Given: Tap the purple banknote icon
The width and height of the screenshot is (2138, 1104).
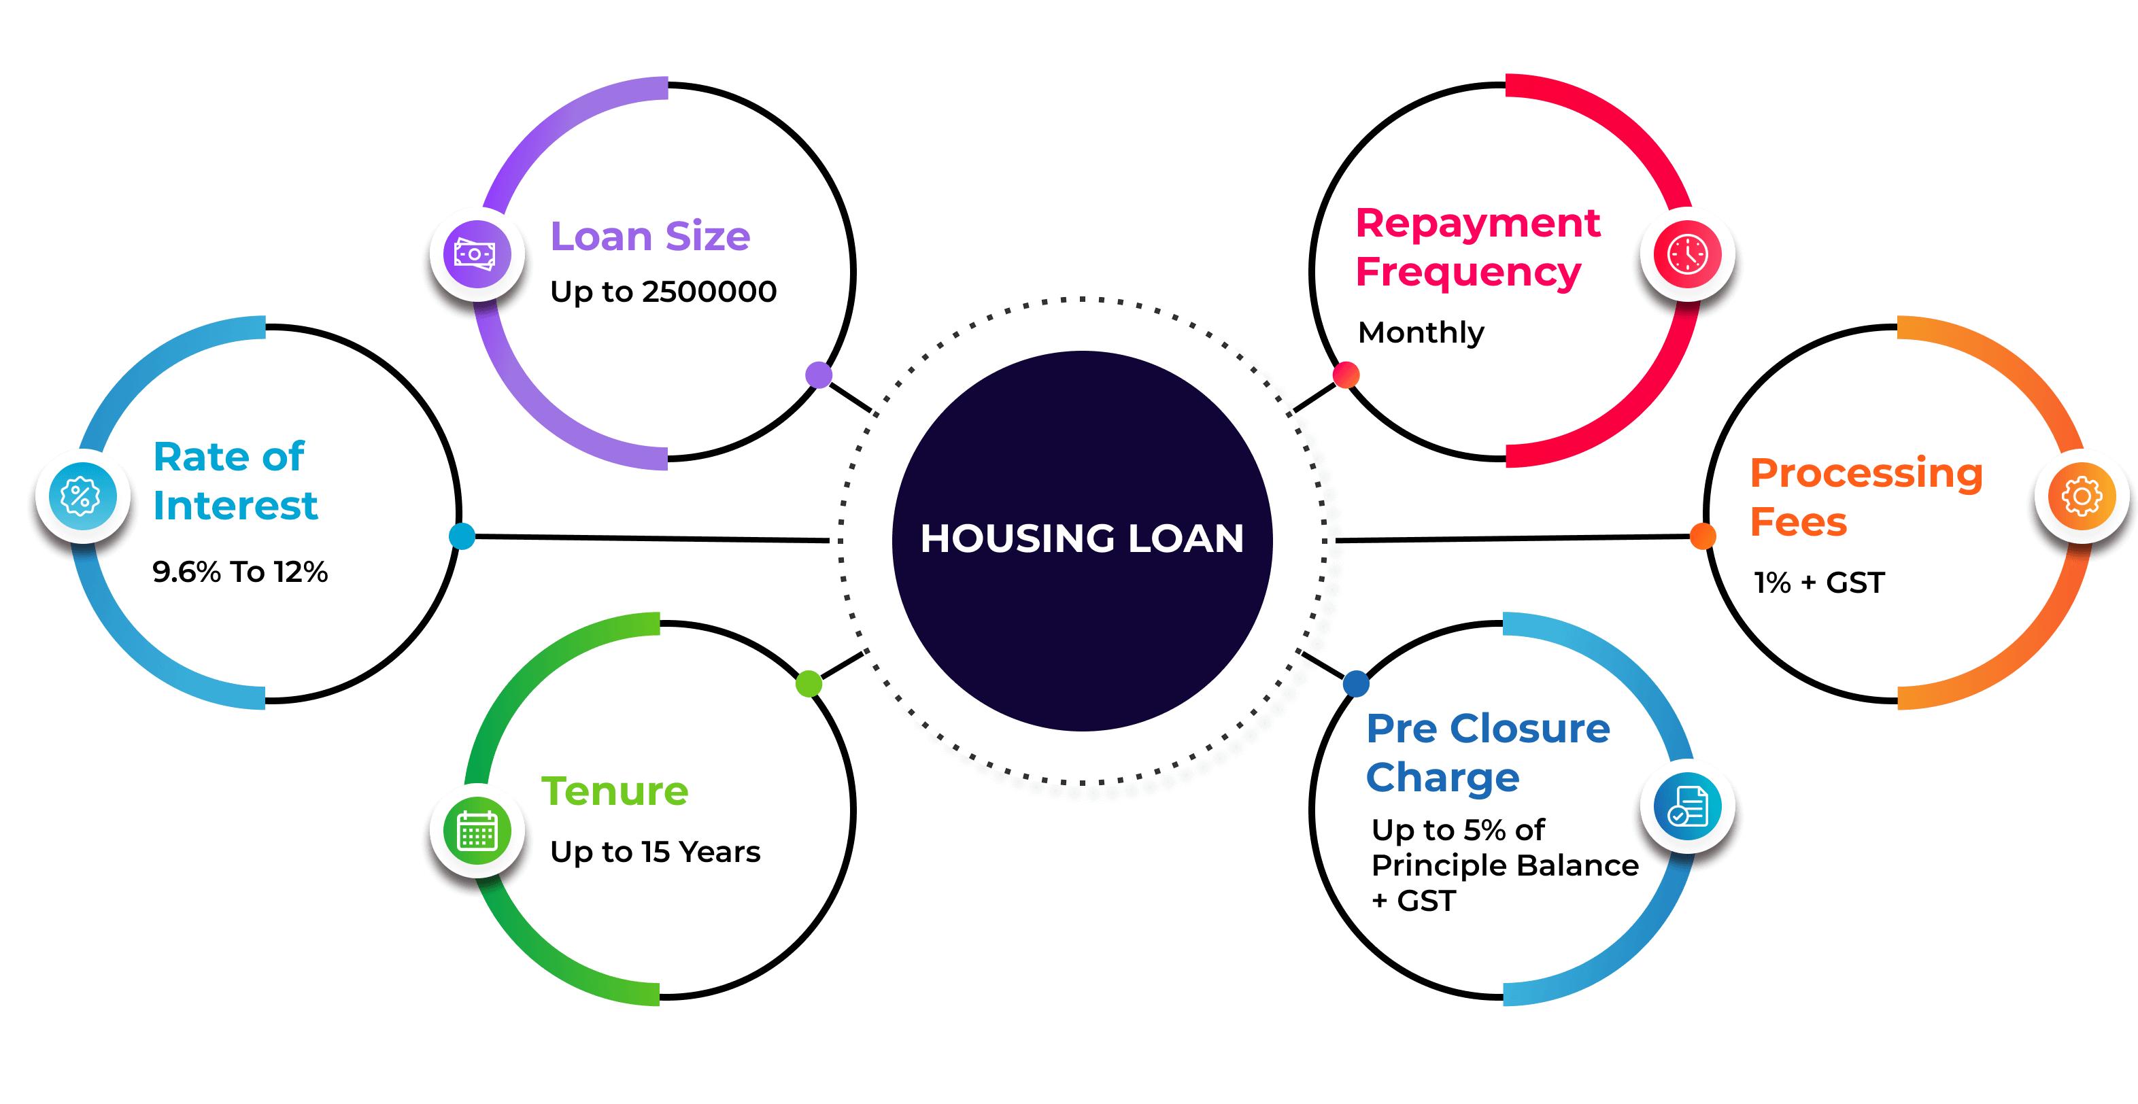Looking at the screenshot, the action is pyautogui.click(x=477, y=254).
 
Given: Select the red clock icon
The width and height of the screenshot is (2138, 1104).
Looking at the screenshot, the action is pyautogui.click(x=1687, y=254).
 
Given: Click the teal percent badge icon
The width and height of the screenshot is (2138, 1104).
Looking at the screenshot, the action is pyautogui.click(x=82, y=496).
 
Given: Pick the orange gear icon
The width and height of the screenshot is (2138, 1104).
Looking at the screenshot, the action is pyautogui.click(x=2082, y=496).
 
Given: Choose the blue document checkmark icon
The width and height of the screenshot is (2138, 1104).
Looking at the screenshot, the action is pyautogui.click(x=1687, y=806).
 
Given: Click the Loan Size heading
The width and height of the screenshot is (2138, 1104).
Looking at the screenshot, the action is pyautogui.click(x=651, y=237).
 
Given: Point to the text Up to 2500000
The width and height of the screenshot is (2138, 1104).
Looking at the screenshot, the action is pyautogui.click(x=663, y=292).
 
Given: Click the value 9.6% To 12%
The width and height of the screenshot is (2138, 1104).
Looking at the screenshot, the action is pyautogui.click(x=240, y=572).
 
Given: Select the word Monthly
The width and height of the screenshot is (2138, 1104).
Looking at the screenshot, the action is pyautogui.click(x=1421, y=333).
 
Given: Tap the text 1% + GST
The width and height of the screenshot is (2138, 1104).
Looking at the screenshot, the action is pyautogui.click(x=1819, y=583).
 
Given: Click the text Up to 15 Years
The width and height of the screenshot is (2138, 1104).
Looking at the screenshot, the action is pyautogui.click(x=655, y=852).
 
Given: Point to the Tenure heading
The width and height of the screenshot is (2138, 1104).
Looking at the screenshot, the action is pyautogui.click(x=615, y=791).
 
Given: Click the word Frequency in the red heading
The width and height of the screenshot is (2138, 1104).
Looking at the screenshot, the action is pyautogui.click(x=1468, y=273).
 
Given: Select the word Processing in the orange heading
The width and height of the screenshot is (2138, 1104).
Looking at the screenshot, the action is pyautogui.click(x=1867, y=474).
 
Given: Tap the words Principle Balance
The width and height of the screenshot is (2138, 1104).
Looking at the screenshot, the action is pyautogui.click(x=1505, y=866).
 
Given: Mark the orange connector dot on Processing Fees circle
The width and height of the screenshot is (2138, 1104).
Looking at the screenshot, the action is pyautogui.click(x=1703, y=536).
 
